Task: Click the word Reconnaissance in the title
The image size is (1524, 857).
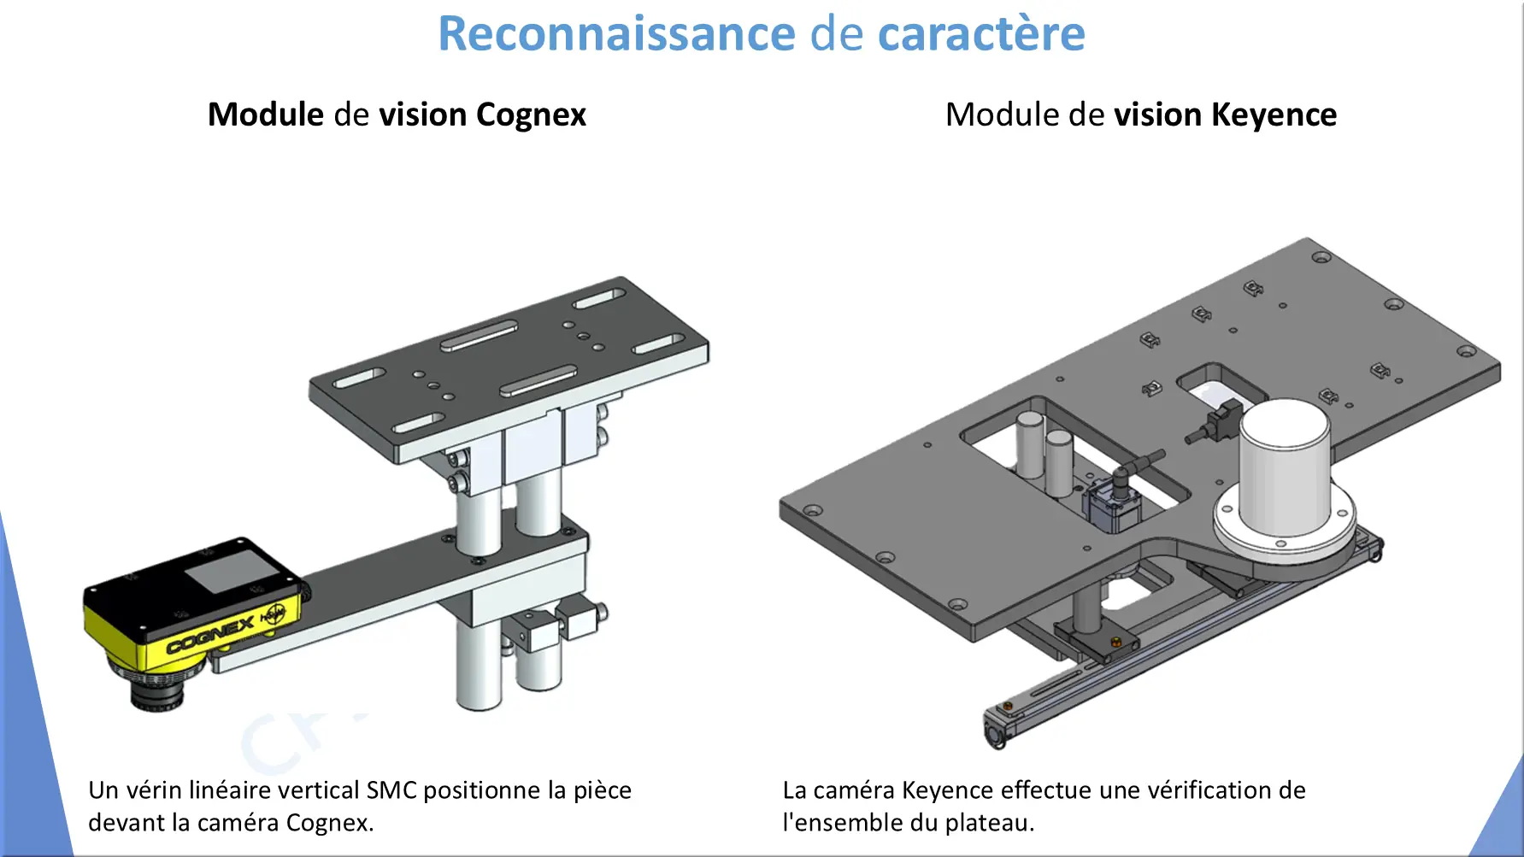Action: (x=616, y=34)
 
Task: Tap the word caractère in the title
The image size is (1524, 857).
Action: (x=981, y=34)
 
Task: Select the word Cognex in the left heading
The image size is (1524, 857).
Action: (x=531, y=115)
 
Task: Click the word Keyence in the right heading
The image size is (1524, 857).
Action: (x=1274, y=115)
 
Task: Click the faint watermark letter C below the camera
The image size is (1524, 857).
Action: (x=267, y=744)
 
